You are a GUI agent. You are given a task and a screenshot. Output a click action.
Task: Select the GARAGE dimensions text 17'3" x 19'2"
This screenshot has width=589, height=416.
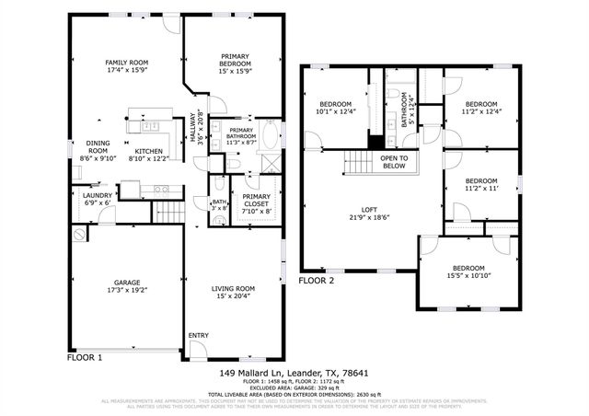126,289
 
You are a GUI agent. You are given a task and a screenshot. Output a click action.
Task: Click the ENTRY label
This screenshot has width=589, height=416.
198,335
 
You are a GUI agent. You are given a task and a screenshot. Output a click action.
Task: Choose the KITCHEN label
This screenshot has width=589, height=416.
149,151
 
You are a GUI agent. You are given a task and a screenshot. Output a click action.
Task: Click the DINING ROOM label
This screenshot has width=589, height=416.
98,147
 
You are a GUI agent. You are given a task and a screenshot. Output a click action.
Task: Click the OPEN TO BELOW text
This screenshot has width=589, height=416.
393,162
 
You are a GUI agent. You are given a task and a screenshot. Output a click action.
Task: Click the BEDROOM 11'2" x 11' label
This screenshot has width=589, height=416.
480,180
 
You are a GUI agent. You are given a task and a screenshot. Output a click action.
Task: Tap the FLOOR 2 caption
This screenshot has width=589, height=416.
318,278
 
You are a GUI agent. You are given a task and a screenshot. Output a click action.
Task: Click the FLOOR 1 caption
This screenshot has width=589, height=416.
85,356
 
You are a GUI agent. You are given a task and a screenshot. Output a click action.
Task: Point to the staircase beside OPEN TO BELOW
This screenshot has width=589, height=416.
358,164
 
